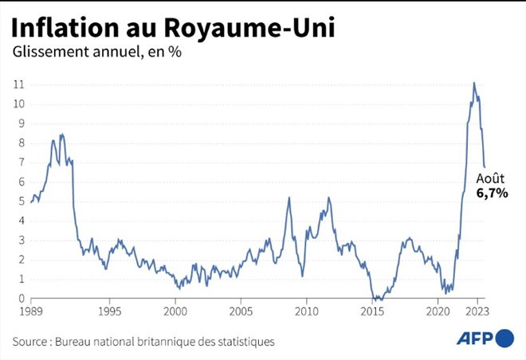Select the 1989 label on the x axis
(x=31, y=311)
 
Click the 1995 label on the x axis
(x=109, y=311)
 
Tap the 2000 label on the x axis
(x=175, y=311)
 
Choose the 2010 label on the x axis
(x=306, y=311)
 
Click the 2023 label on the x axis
(x=477, y=311)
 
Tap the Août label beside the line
(x=489, y=178)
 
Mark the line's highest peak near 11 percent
(x=474, y=83)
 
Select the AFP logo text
(x=474, y=338)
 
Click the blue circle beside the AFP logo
(x=504, y=338)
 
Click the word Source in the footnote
(x=31, y=341)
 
